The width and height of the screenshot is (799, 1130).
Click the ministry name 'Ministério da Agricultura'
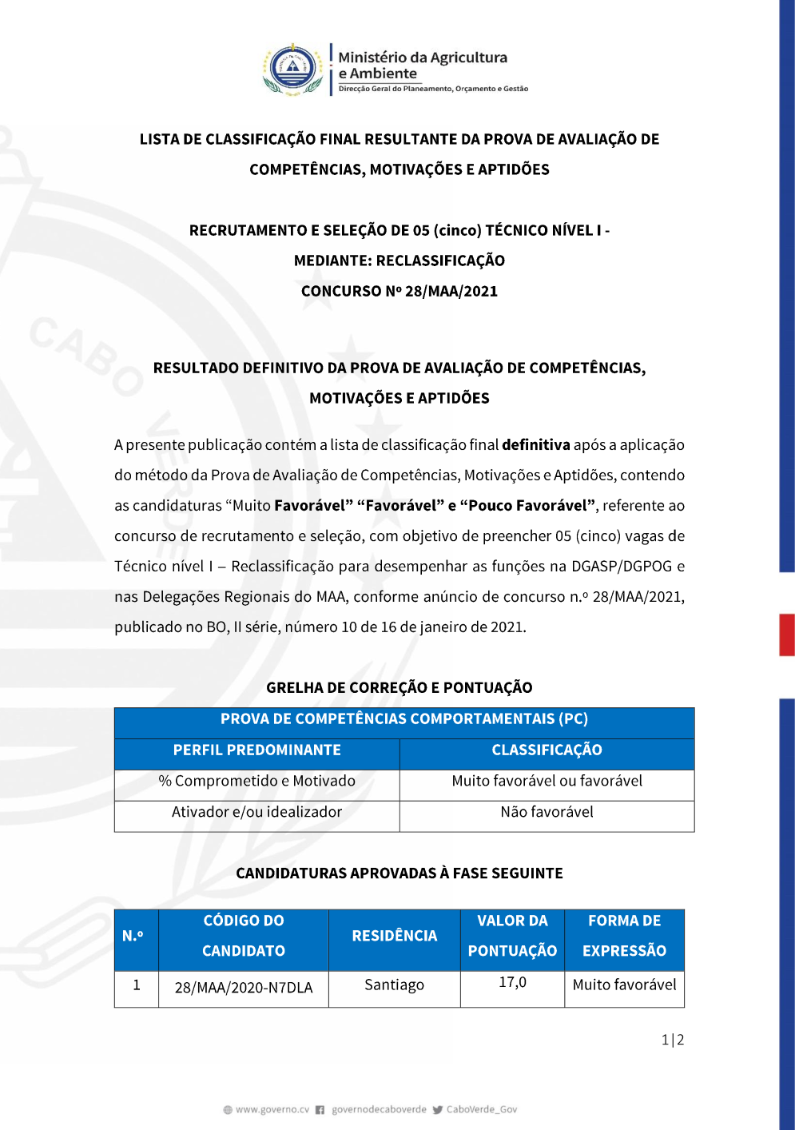coord(423,58)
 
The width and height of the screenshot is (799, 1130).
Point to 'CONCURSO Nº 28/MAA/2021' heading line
coord(399,291)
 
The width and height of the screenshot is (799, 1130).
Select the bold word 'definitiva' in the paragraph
coord(535,445)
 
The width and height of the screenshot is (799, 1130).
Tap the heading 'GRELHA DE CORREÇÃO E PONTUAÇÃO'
coord(399,687)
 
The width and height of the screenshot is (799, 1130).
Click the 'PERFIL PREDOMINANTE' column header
coord(256,750)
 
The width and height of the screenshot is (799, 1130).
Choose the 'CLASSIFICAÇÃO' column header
coord(547,750)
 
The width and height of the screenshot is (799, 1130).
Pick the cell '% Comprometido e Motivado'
coord(256,781)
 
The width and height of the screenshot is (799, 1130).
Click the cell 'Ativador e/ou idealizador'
coord(256,812)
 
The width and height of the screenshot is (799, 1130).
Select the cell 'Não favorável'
coord(547,812)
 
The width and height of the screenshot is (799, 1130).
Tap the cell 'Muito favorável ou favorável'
coord(547,781)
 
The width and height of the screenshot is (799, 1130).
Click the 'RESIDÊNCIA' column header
coord(394,936)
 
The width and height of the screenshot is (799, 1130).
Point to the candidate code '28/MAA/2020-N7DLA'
coord(244,988)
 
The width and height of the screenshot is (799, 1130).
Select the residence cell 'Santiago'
coord(394,985)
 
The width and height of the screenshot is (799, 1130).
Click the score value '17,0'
coord(512,982)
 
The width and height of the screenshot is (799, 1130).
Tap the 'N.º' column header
coord(133,936)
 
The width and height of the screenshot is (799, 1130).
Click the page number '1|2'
coord(673,1040)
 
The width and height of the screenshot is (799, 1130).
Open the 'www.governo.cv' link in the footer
coord(272,1109)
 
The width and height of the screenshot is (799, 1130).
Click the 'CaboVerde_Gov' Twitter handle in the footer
coord(481,1109)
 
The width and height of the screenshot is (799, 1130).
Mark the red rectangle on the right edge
coord(787,635)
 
